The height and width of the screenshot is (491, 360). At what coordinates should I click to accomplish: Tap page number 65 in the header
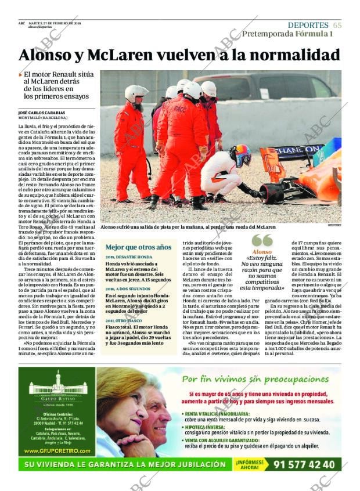click(337, 25)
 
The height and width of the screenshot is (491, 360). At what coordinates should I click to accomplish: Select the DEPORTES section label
click(308, 25)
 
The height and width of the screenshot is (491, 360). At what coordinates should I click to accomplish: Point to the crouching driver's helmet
click(240, 155)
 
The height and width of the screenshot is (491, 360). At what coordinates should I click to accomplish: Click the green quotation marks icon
click(262, 241)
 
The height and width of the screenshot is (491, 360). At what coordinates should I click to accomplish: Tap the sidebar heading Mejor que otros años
click(138, 247)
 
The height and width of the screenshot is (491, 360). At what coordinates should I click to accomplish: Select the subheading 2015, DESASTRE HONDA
click(129, 257)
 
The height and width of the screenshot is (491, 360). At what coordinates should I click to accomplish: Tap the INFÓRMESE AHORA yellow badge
click(250, 464)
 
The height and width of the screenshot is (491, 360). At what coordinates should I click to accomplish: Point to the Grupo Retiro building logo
click(57, 385)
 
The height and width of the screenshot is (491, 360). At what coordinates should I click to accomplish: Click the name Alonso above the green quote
click(262, 252)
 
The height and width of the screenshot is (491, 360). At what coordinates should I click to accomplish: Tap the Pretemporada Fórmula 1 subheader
click(287, 34)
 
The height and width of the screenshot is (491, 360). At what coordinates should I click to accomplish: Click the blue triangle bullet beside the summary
click(21, 74)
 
